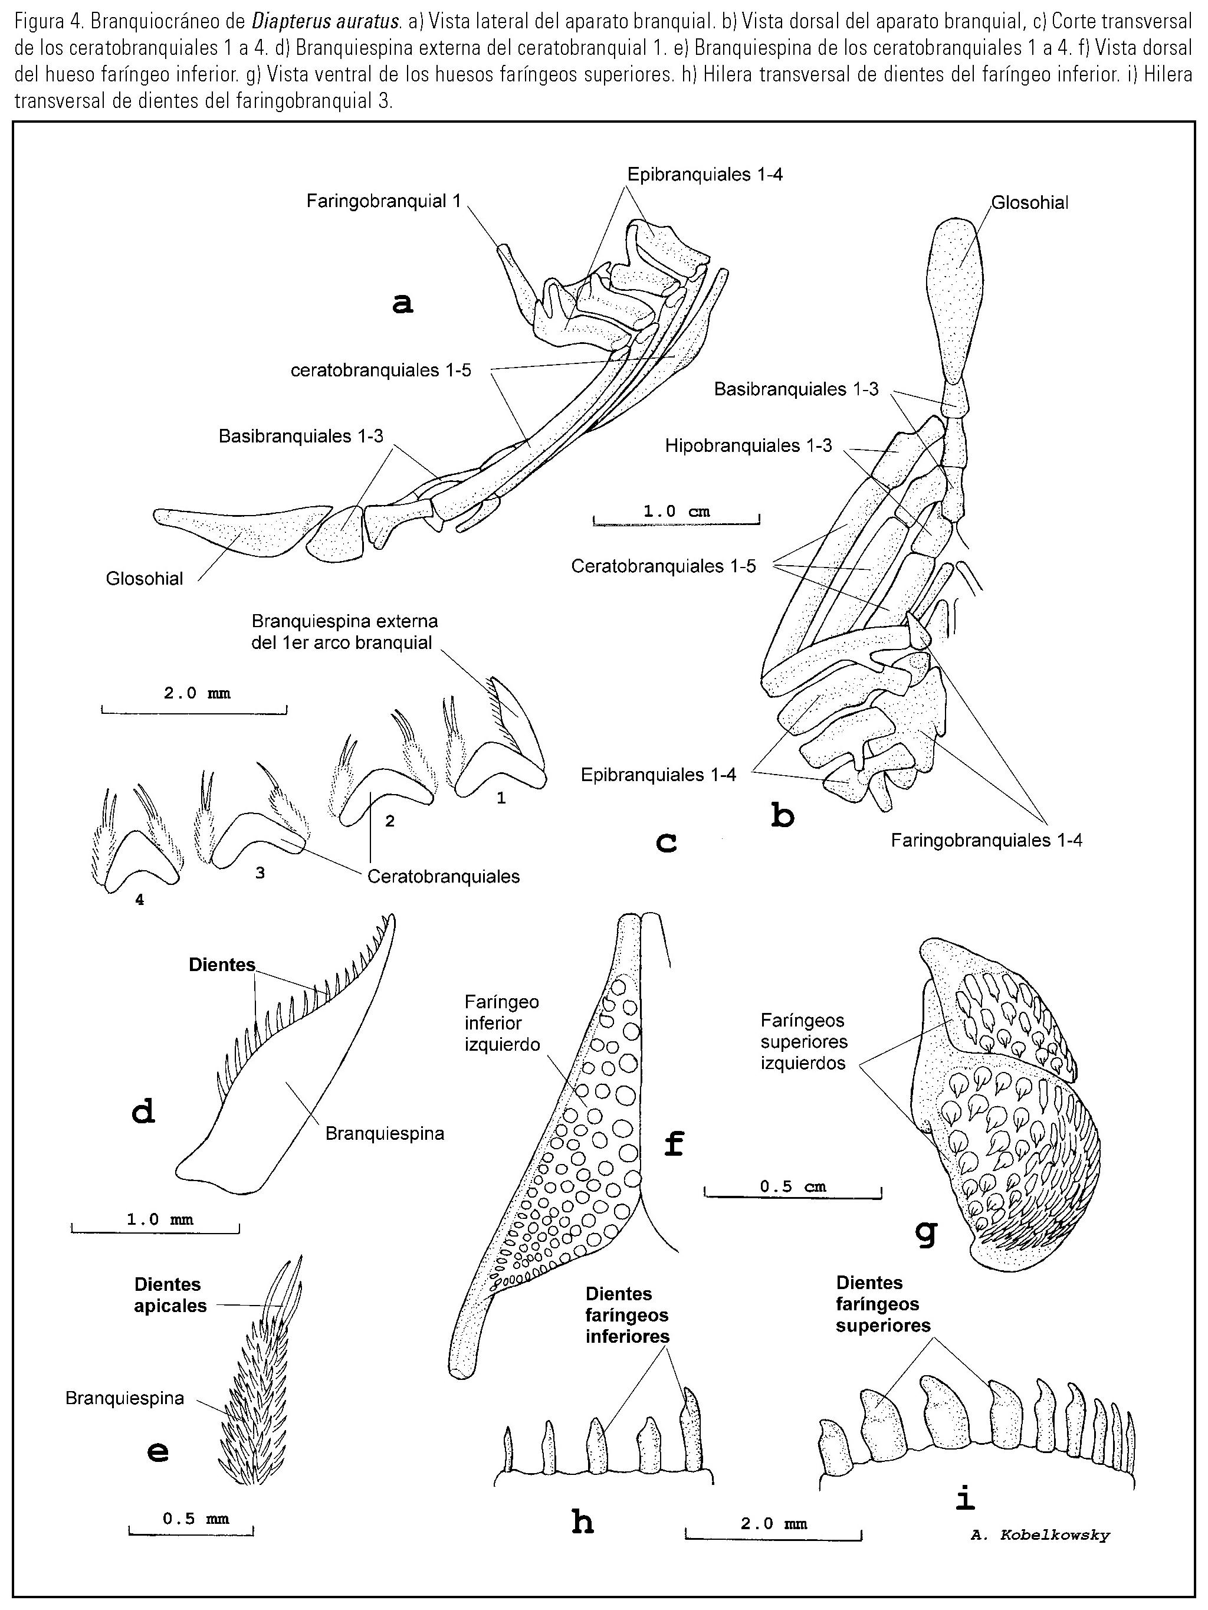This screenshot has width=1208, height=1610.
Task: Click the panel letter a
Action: click(402, 303)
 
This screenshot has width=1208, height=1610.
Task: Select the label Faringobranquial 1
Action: click(383, 201)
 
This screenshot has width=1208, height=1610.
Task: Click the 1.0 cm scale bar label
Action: click(676, 511)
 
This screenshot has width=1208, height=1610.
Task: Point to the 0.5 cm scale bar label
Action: click(793, 1186)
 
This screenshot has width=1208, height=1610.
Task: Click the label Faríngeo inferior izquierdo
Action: click(502, 1022)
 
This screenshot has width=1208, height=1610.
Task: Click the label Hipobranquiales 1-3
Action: click(748, 445)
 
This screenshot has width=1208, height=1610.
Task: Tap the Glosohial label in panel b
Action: click(1030, 203)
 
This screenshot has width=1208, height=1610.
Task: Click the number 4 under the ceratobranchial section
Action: click(139, 900)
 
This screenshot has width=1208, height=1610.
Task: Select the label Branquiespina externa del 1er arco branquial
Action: click(344, 632)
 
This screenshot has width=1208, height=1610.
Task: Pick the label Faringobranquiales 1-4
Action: click(986, 841)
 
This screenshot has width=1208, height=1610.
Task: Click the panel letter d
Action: click(143, 1111)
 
